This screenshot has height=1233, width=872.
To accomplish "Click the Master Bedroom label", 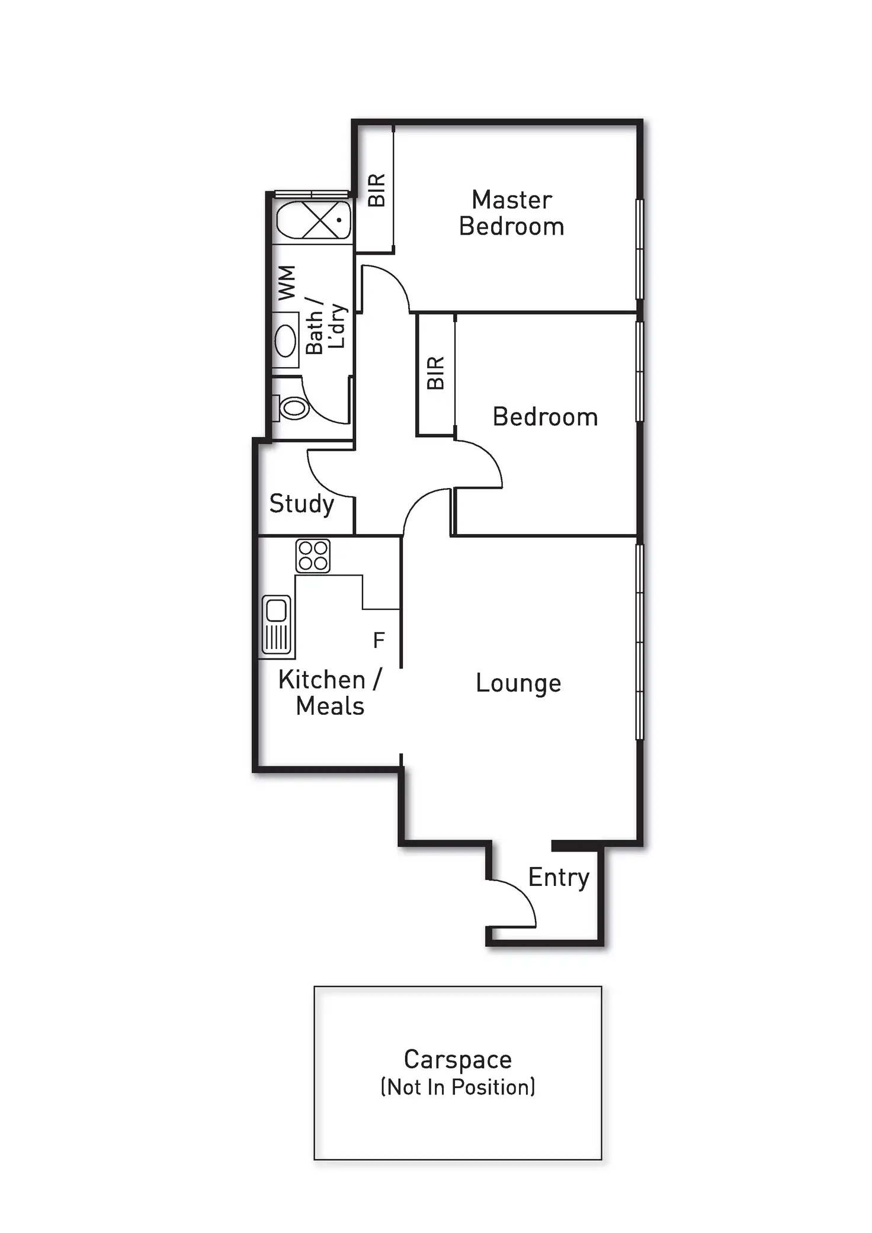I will coord(511,213).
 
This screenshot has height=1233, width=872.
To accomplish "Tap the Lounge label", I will coord(518,683).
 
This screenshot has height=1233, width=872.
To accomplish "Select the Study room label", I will coord(302,504).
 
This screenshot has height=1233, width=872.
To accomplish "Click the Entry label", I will coord(559,877).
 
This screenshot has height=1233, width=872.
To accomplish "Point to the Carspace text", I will coord(457,1059).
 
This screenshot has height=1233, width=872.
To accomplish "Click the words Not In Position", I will coord(457,1087).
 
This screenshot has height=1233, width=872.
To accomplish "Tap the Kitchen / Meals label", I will coord(330,693).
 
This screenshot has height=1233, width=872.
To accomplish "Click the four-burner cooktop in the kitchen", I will coord(313,556).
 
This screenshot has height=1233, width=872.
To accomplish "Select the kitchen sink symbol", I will coord(277,625).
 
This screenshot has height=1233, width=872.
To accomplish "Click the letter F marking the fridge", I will coord(379,640).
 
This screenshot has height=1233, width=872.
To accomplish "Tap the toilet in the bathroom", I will coord(293,407).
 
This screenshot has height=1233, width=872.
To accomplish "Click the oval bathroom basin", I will coord(286,341).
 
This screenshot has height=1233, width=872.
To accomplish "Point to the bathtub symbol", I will coord(313,220).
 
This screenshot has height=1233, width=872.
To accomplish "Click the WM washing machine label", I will coord(287,283).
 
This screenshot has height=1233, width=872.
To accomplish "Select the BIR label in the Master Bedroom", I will coord(377,190).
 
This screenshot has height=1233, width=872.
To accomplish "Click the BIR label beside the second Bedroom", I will coord(435,373).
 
